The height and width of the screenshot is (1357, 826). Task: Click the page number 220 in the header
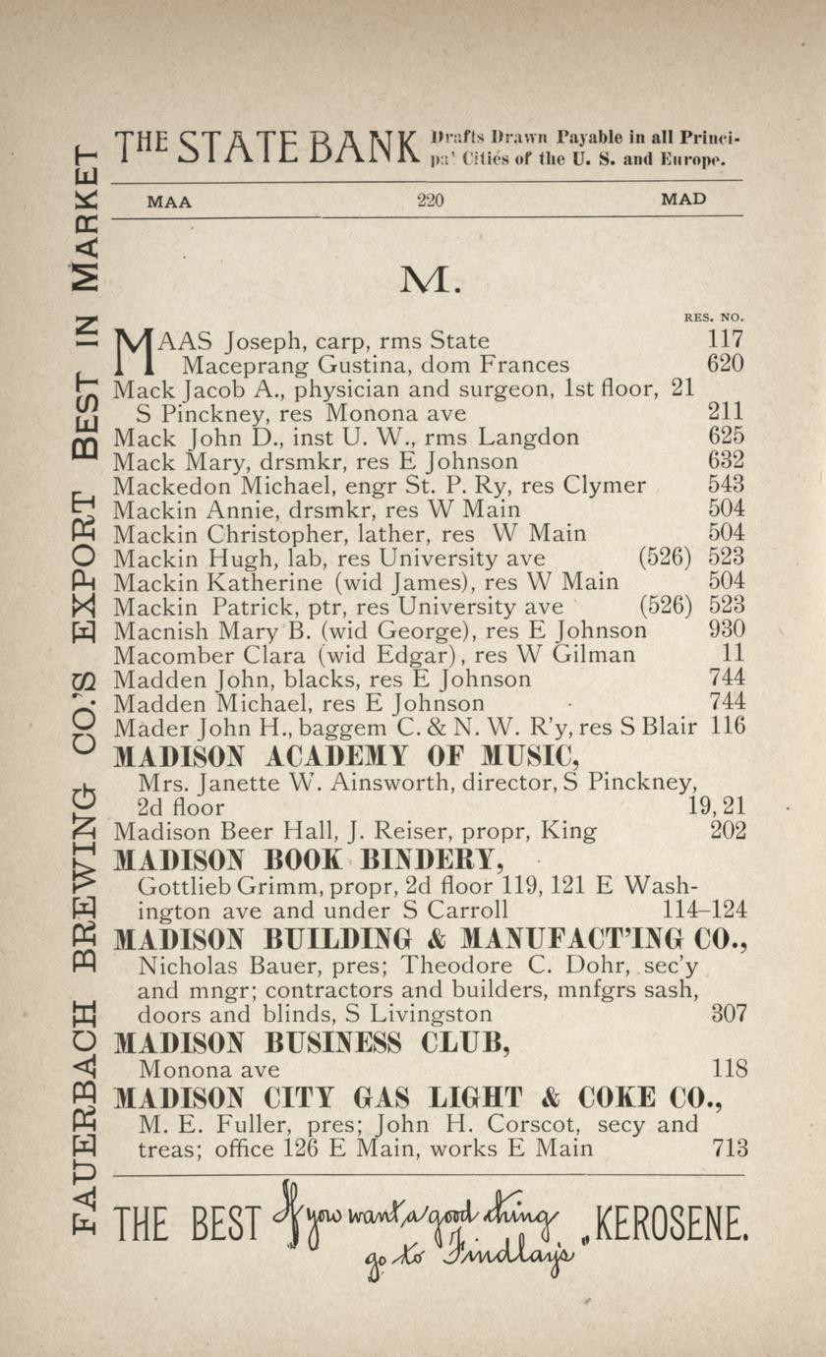[x=430, y=200]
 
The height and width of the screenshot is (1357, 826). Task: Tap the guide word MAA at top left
[x=169, y=200]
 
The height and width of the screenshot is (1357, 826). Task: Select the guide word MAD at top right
[x=683, y=199]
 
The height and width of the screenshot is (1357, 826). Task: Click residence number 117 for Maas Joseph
[x=726, y=340]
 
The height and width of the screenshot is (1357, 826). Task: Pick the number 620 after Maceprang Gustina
[x=726, y=365]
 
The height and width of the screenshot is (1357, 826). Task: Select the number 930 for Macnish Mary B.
[x=726, y=629]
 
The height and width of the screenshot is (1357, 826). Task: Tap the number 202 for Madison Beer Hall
[x=728, y=832]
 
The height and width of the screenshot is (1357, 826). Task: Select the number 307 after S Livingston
[x=729, y=1013]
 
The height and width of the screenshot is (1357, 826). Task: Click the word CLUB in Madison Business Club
[x=464, y=1043]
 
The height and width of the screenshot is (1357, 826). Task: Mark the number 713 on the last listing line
[x=729, y=1148]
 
